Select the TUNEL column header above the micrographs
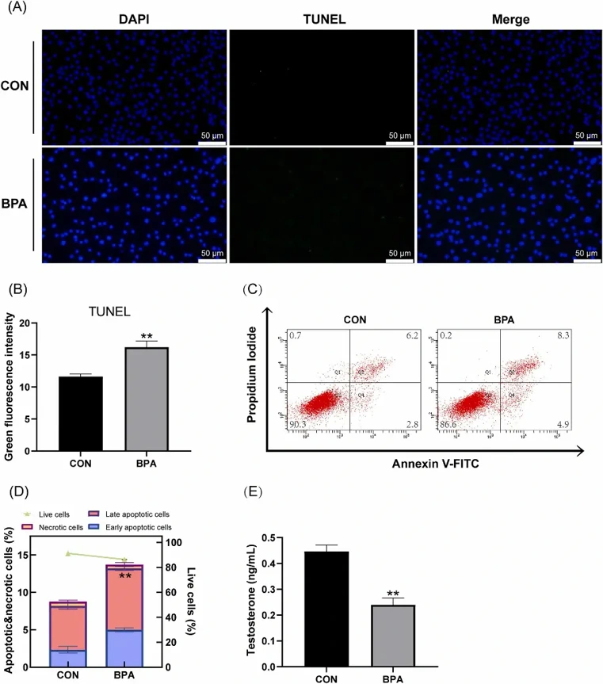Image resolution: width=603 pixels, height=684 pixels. coord(322,18)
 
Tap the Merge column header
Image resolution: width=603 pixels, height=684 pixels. coord(509,18)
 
